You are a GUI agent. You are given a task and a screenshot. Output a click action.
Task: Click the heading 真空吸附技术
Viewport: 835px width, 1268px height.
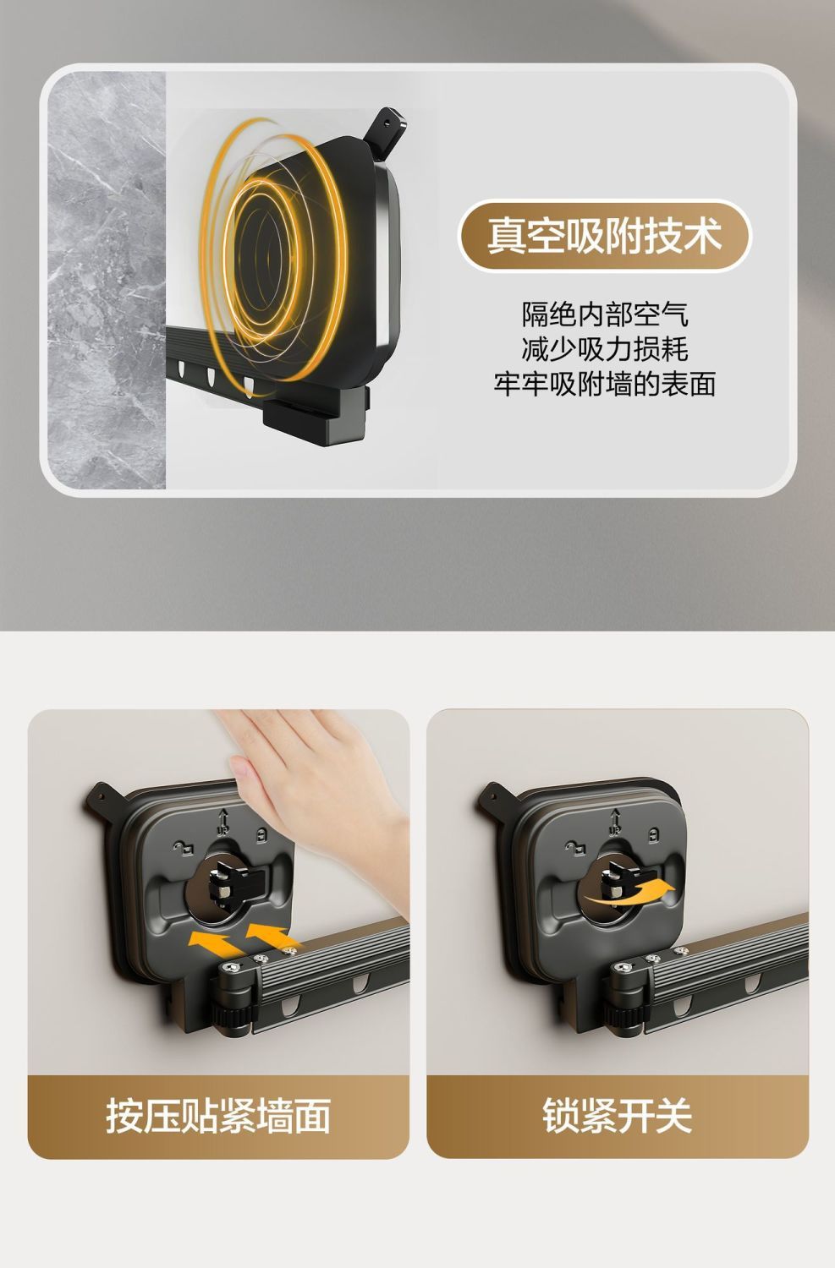(x=604, y=236)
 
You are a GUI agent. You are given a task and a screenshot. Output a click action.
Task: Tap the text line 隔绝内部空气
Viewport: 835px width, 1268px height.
(x=605, y=314)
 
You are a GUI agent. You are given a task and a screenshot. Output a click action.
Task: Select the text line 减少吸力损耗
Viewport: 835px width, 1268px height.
(x=605, y=349)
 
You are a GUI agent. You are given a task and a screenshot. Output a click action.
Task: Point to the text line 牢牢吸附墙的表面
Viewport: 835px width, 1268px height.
(x=605, y=384)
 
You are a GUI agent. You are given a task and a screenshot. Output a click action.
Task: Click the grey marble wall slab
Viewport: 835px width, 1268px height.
(x=107, y=280)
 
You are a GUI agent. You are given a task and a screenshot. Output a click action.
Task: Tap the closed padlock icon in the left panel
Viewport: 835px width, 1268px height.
(x=261, y=834)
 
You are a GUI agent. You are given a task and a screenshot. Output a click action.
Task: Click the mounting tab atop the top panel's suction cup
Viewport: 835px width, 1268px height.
(x=386, y=130)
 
